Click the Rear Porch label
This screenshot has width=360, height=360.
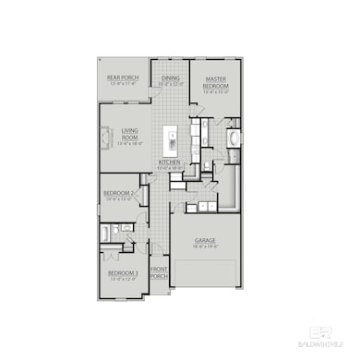coord(123,78)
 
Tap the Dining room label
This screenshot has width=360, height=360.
coord(171,78)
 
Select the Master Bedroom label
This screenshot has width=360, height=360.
coord(216,82)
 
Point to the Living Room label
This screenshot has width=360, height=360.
coord(129,134)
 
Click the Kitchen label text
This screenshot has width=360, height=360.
coord(168,162)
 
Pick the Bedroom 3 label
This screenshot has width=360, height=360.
coord(122,272)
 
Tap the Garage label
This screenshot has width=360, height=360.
coord(204,241)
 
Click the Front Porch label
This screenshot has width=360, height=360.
coord(159,274)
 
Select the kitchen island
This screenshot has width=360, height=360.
coord(172,140)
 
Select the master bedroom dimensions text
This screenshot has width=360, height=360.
coord(216,93)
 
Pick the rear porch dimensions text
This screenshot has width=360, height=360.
coord(123,84)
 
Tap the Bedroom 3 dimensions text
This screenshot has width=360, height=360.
coord(122,279)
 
